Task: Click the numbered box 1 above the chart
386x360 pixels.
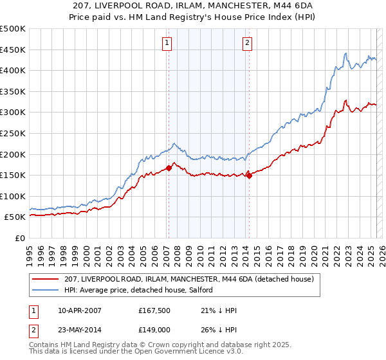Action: point(167,43)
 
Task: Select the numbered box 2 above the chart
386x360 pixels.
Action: point(247,43)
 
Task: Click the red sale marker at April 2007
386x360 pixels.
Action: point(169,168)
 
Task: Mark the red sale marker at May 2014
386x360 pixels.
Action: point(249,176)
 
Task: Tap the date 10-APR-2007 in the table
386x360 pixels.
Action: point(80,310)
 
